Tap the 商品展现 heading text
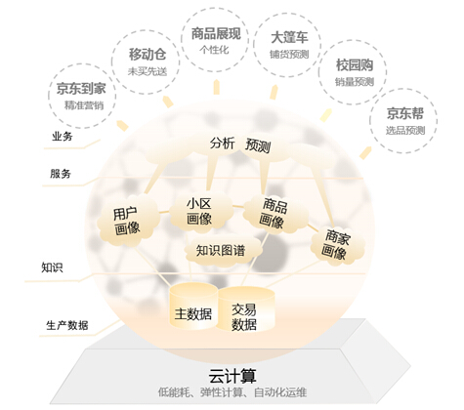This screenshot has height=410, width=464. (216, 33)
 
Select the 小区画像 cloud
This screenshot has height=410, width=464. (201, 212)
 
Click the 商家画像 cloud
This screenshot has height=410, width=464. (337, 245)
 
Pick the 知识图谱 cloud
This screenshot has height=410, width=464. (223, 250)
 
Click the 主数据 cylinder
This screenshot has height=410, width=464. (193, 307)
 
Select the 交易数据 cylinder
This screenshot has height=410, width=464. (245, 310)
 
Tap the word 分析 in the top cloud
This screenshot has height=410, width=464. (222, 143)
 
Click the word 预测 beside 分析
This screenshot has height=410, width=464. (258, 145)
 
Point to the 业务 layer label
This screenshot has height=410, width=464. (63, 137)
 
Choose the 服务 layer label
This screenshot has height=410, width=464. (61, 174)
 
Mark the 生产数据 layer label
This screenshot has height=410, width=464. (67, 325)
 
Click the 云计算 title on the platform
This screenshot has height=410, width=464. (232, 376)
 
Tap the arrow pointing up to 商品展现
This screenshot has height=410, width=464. (217, 87)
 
